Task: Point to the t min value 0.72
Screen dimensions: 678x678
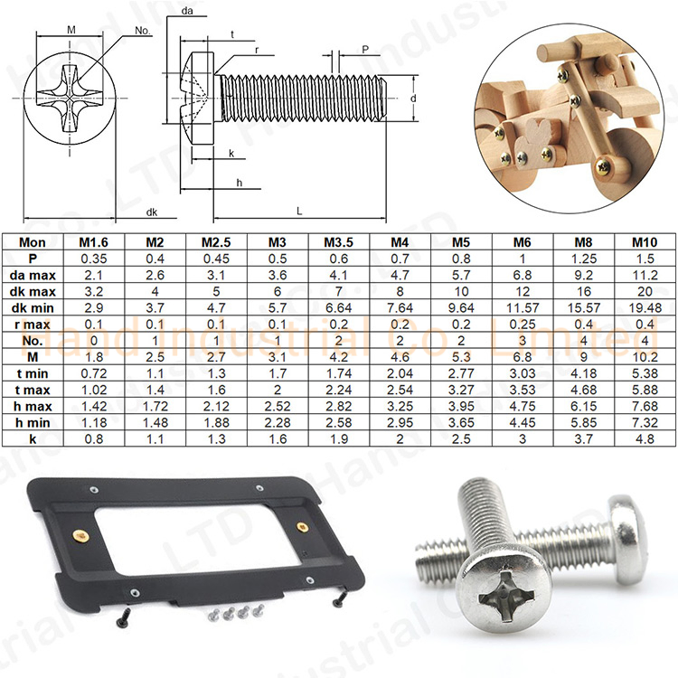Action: click(x=94, y=372)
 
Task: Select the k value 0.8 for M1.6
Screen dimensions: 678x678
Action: click(x=94, y=438)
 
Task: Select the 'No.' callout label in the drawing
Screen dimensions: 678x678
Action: click(x=141, y=31)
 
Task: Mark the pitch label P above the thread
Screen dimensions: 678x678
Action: click(x=364, y=51)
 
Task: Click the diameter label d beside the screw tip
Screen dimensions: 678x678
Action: click(x=412, y=97)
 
